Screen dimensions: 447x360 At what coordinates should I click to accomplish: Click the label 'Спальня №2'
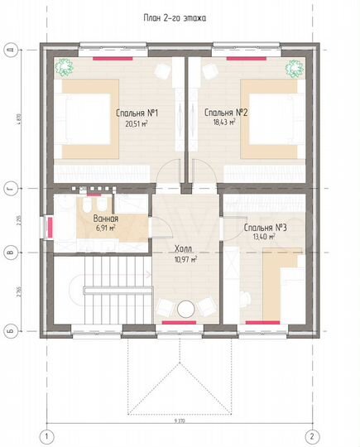222,112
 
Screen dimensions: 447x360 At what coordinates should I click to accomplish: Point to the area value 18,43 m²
222,123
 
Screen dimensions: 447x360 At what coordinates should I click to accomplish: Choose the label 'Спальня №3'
266,227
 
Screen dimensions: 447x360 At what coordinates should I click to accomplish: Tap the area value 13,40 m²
264,237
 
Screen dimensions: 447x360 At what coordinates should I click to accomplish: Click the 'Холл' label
184,248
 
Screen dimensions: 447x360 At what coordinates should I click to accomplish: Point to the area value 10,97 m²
184,258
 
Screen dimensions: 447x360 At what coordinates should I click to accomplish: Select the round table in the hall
185,308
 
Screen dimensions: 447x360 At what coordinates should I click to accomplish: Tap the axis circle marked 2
311,435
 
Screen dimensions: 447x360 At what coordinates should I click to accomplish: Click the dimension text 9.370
180,421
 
